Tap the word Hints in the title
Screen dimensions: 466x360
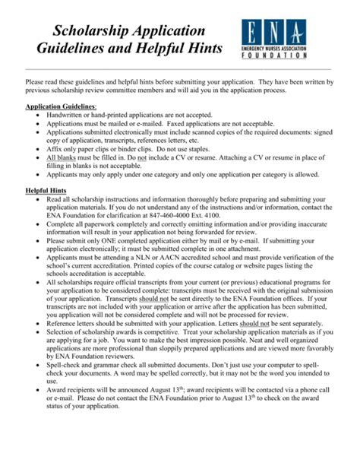pyautogui.click(x=204, y=49)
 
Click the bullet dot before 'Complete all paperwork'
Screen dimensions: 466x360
pyautogui.click(x=39, y=225)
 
